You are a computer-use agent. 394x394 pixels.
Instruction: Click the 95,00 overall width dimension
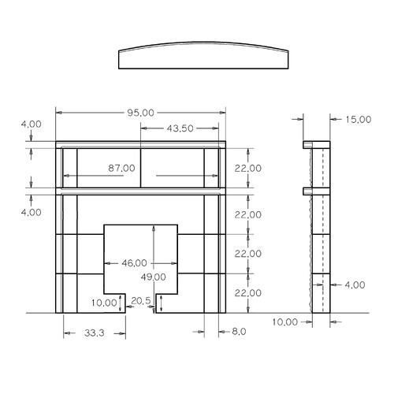click(140, 113)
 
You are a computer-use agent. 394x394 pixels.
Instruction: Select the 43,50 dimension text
click(180, 128)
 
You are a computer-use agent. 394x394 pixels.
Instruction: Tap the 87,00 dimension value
click(121, 168)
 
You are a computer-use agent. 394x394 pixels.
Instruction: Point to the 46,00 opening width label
click(134, 263)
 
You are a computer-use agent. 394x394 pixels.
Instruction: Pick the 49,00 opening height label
click(153, 277)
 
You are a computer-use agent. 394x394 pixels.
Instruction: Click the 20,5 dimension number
click(141, 301)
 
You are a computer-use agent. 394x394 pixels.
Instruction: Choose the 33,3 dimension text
click(95, 333)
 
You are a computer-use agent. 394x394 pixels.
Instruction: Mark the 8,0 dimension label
click(239, 332)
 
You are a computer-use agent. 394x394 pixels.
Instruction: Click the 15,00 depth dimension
click(358, 120)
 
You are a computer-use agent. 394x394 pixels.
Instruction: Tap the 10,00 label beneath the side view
click(285, 322)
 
